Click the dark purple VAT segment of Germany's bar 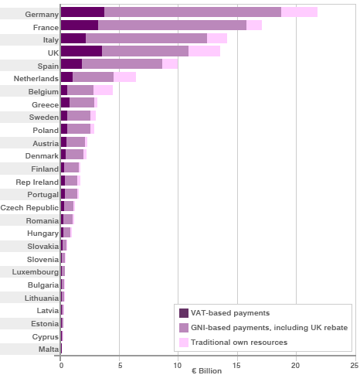82,12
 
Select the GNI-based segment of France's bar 172,26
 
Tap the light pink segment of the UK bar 204,51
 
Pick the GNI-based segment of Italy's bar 146,39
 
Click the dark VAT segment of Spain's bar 71,64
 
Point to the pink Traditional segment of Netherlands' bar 124,77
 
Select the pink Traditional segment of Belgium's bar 103,90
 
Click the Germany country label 42,14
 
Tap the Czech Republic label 29,207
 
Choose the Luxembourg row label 35,272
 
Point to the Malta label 47,349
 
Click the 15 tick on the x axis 236,364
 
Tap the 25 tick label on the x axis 353,364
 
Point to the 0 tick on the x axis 61,364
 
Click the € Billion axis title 208,370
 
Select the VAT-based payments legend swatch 183,313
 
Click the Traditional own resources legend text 239,342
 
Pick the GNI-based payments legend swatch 183,328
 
